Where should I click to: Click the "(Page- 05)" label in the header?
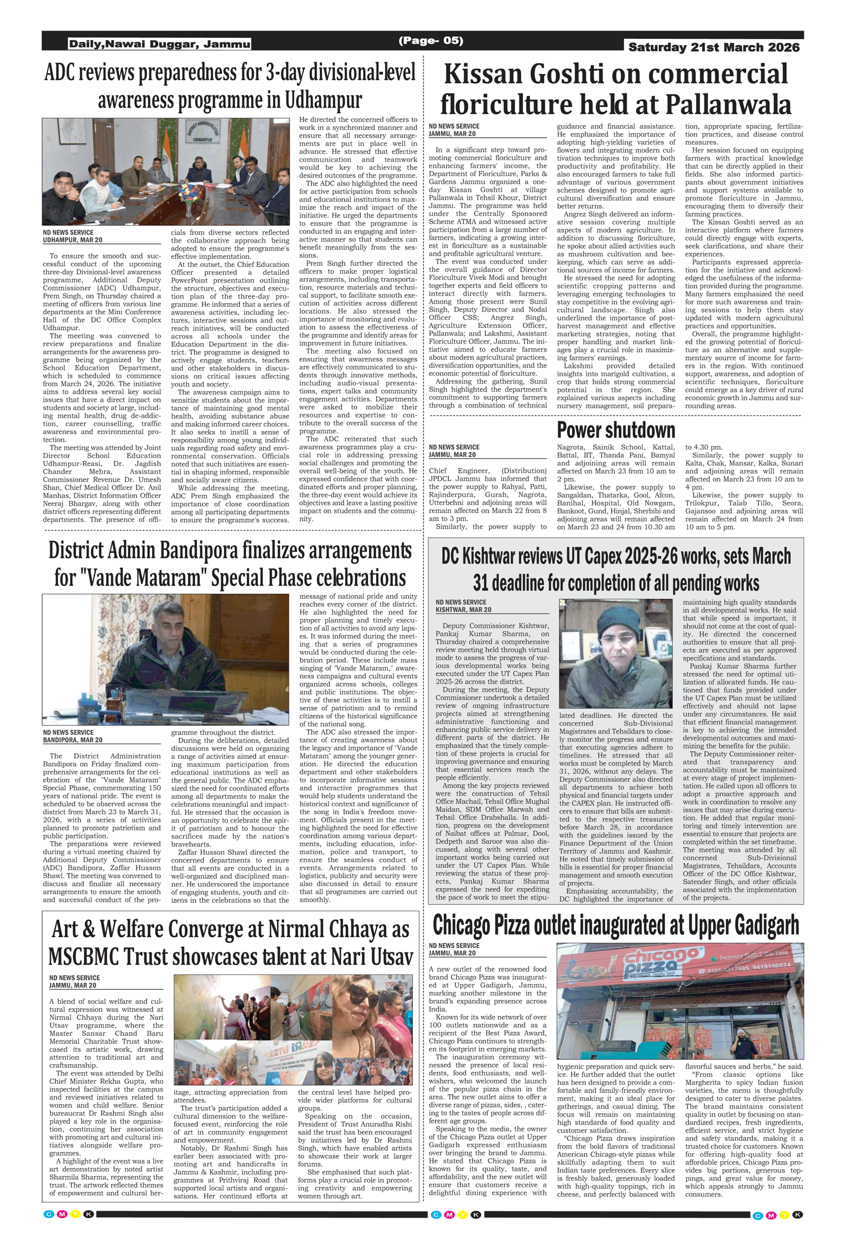[x=430, y=41]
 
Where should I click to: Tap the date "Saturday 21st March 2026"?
[x=713, y=47]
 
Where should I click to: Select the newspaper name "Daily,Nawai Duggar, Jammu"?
[x=160, y=44]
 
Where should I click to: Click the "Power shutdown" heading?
[x=616, y=430]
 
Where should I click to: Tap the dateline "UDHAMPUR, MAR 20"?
[x=73, y=240]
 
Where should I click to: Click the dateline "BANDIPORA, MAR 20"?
[x=73, y=740]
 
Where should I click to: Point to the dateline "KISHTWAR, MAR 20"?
[x=463, y=610]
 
